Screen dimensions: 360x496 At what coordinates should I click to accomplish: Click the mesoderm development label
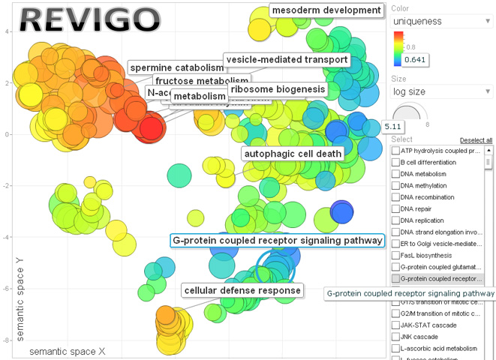pyautogui.click(x=326, y=10)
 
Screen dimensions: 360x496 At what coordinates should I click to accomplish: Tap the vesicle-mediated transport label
pyautogui.click(x=287, y=59)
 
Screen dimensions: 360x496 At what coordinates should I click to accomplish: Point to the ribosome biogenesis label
pyautogui.click(x=278, y=89)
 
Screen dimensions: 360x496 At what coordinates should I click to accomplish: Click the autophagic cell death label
pyautogui.click(x=292, y=154)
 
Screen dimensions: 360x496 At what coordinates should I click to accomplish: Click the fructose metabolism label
pyautogui.click(x=201, y=81)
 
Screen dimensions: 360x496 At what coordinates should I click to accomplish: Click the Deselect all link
pyautogui.click(x=476, y=140)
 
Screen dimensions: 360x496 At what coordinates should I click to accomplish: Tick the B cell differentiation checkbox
pyautogui.click(x=395, y=162)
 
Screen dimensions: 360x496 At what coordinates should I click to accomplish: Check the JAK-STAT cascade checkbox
pyautogui.click(x=395, y=325)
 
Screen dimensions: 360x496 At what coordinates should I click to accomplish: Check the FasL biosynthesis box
pyautogui.click(x=395, y=255)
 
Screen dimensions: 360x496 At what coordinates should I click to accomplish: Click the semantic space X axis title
pyautogui.click(x=67, y=352)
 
